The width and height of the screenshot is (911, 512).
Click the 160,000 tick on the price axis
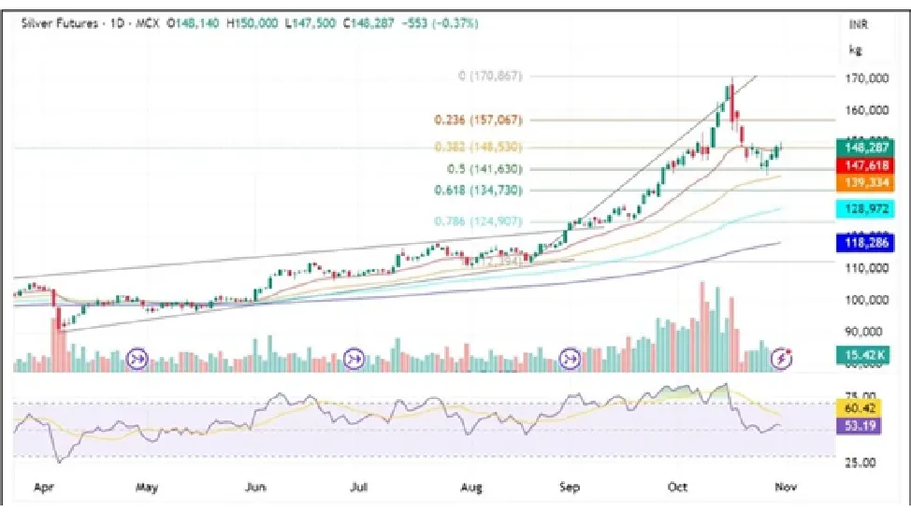tap(867, 110)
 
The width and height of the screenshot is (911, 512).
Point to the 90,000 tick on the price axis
tap(867, 331)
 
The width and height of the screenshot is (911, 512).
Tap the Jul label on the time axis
tap(357, 487)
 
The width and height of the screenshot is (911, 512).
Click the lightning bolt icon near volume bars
tap(783, 358)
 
